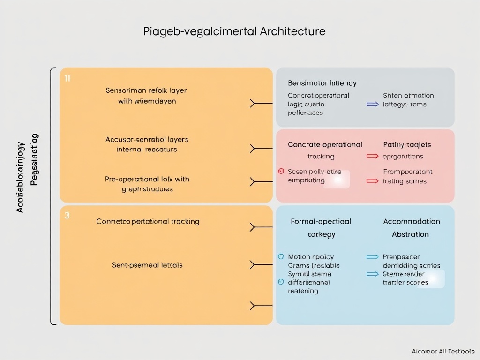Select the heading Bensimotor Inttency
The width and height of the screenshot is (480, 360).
[322, 83]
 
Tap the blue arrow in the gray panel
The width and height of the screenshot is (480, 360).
[372, 105]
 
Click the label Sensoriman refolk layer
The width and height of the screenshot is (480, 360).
[146, 90]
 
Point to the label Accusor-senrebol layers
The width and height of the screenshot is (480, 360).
[147, 139]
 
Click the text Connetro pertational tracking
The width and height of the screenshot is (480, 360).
[148, 221]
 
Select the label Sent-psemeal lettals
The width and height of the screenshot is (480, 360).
[147, 265]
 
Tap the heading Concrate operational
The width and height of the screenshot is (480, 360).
[325, 144]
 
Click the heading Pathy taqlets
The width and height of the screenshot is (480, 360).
[407, 144]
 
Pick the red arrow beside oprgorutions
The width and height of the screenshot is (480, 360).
[372, 156]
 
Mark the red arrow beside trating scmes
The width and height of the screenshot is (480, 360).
[372, 180]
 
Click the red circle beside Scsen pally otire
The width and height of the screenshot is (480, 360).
[281, 172]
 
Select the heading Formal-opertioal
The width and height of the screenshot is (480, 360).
[321, 221]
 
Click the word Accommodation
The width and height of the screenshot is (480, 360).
[412, 221]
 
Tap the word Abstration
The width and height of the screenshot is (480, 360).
[410, 234]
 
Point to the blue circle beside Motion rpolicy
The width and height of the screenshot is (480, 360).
[281, 257]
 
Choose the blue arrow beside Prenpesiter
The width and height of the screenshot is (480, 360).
[372, 257]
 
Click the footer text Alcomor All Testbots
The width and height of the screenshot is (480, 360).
[443, 351]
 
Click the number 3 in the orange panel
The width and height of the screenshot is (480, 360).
[67, 216]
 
